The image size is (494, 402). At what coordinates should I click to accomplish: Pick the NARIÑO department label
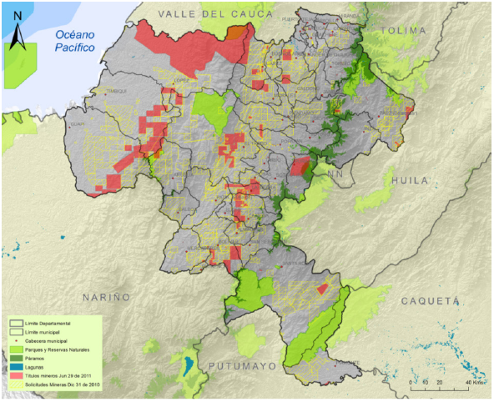tap(106, 297)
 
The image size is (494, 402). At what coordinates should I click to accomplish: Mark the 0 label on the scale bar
tap(411, 381)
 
